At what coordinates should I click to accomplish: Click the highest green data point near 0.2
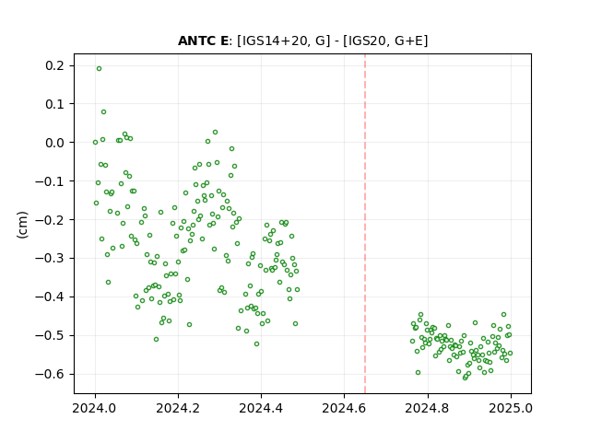(99, 68)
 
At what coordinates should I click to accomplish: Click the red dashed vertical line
(365, 224)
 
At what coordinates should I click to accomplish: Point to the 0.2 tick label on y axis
(54, 65)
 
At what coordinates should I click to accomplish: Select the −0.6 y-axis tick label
(50, 374)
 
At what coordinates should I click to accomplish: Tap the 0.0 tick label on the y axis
(54, 143)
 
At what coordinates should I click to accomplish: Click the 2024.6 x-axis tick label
(344, 408)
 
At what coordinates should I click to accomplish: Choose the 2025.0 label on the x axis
(511, 408)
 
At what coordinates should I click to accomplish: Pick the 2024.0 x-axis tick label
(94, 408)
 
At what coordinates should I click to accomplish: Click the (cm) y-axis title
(22, 225)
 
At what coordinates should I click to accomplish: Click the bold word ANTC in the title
(196, 41)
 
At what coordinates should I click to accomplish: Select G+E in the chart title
(409, 41)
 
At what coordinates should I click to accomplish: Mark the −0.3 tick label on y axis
(50, 258)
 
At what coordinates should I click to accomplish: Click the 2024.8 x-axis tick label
(427, 408)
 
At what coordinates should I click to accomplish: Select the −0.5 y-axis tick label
(50, 335)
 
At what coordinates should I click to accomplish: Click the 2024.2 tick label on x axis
(178, 408)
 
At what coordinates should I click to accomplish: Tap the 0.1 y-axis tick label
(54, 104)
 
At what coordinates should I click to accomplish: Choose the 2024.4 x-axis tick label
(261, 408)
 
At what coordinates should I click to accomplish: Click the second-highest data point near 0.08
(103, 111)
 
